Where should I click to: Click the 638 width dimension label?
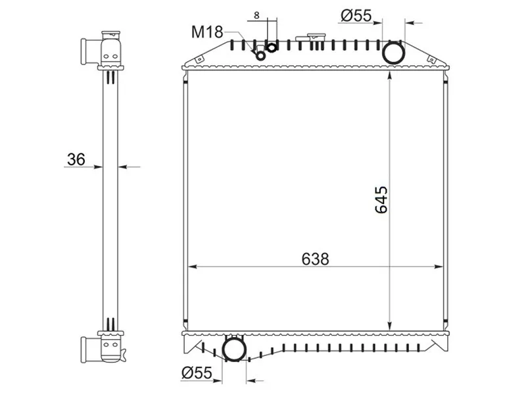(315, 259)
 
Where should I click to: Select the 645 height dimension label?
(381, 199)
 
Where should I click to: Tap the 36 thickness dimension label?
(76, 159)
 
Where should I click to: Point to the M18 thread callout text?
(207, 32)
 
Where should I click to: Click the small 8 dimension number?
(256, 15)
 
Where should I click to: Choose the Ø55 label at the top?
(356, 15)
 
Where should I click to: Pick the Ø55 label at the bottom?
(197, 373)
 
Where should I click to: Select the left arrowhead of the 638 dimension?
(192, 267)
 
